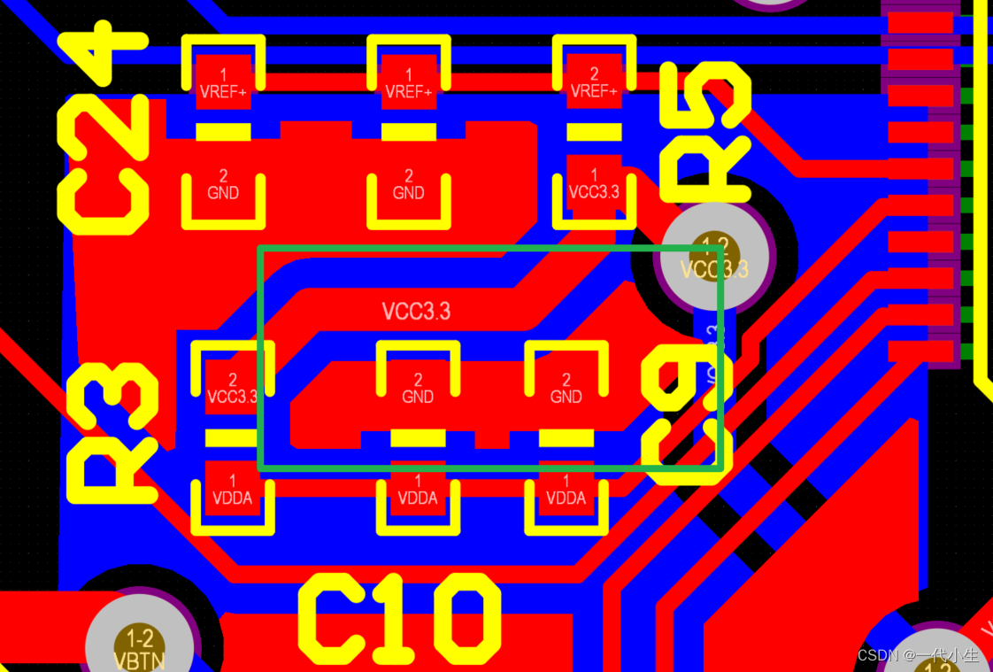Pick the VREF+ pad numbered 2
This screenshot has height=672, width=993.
(x=594, y=83)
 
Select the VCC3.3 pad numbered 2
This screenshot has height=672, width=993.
(x=232, y=389)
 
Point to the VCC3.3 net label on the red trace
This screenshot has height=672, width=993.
(x=416, y=311)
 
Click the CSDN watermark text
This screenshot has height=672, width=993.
(x=919, y=655)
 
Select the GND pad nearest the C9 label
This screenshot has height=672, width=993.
(x=566, y=389)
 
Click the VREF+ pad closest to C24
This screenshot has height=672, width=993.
(x=223, y=83)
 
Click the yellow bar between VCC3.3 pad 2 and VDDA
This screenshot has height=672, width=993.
(x=232, y=437)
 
